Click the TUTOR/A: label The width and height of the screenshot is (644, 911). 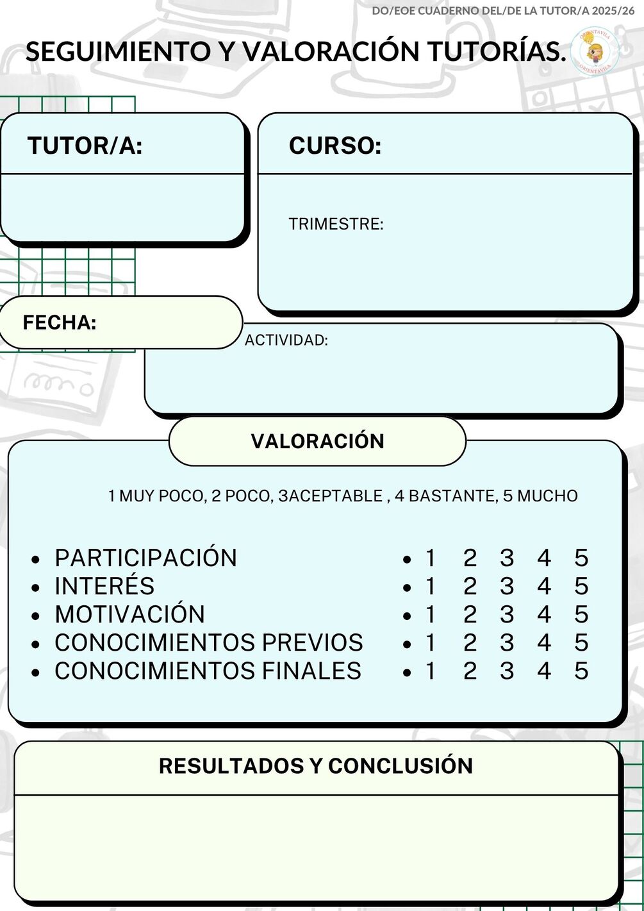point(85,145)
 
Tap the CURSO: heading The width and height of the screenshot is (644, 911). point(335,145)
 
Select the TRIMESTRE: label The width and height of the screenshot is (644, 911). point(336,224)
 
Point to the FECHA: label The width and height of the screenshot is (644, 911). point(60,322)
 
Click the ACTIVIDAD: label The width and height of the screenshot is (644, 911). point(286,340)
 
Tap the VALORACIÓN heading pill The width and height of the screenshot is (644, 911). point(318,441)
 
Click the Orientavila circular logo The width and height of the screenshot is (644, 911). point(595,52)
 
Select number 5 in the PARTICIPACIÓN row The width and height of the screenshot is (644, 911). point(581,558)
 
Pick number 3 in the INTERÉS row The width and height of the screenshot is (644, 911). point(507,586)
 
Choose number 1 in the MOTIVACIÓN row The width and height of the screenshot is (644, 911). point(430,614)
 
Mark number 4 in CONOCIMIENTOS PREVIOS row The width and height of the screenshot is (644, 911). point(544,642)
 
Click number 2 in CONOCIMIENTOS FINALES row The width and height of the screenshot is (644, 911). point(470,671)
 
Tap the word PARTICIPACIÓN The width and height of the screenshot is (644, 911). point(145,557)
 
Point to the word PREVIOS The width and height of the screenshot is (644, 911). point(312,642)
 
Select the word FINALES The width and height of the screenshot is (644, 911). point(311,671)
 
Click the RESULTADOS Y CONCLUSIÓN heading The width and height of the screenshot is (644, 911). point(315,765)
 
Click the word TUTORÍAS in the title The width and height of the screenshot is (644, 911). point(497,52)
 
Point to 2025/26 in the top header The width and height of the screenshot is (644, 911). point(613,11)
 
